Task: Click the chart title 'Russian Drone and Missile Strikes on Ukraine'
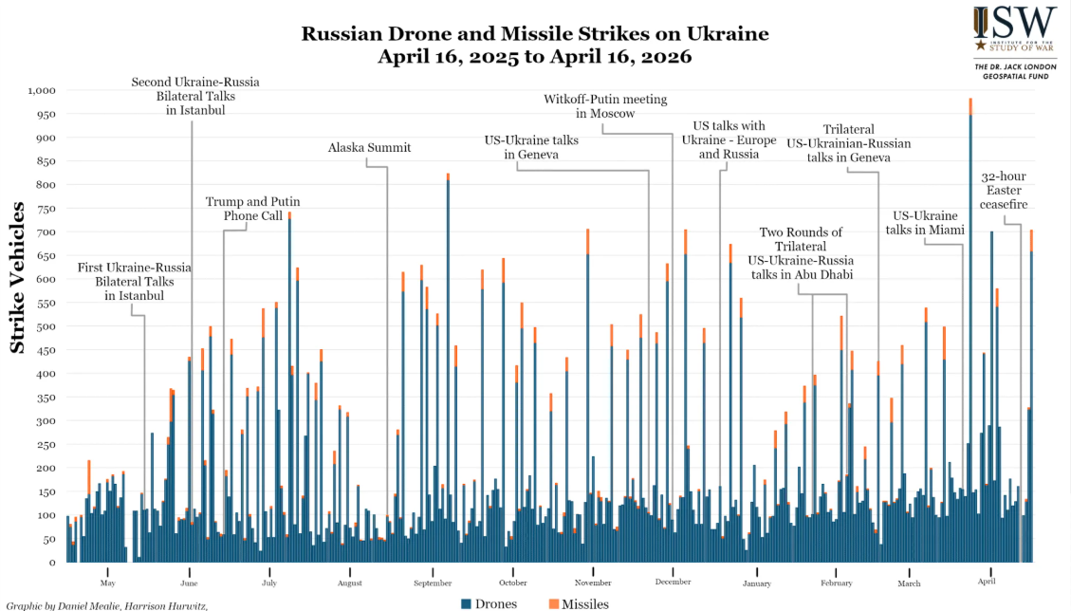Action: click(535, 34)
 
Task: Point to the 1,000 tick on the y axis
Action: click(43, 90)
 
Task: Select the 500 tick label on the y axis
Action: click(46, 326)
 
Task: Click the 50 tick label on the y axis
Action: click(49, 539)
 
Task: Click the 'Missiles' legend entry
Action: click(579, 603)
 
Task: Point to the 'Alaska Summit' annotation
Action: click(369, 148)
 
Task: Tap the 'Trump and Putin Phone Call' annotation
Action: click(247, 209)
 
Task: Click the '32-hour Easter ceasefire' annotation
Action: click(1004, 191)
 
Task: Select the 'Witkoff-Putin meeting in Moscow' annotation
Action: click(605, 106)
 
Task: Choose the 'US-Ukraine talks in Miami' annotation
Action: click(924, 223)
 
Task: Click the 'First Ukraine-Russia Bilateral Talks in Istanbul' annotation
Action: click(134, 282)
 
